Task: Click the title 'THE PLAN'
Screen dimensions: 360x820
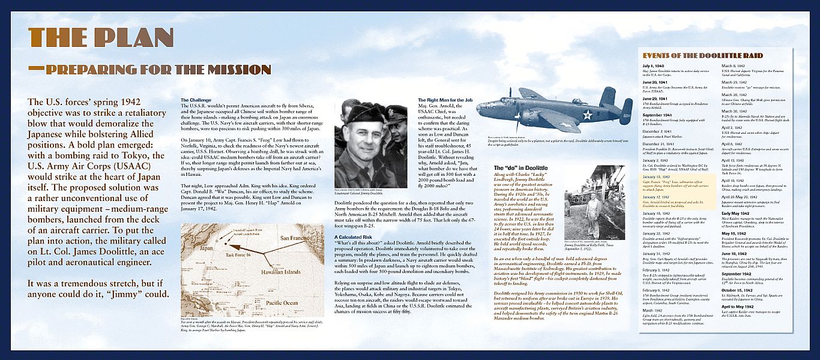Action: pyautogui.click(x=101, y=38)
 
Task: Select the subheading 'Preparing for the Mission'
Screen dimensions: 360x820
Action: pyautogui.click(x=150, y=70)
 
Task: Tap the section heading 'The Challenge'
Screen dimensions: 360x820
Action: pyautogui.click(x=196, y=100)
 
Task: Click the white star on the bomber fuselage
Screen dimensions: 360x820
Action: pyautogui.click(x=587, y=115)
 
